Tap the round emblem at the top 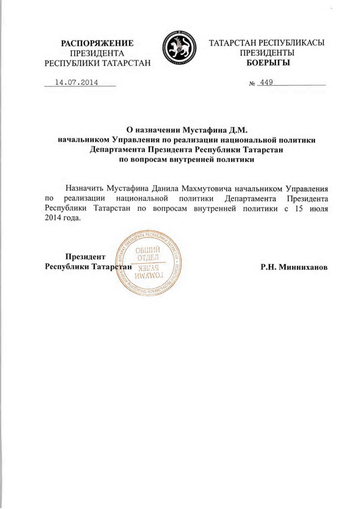coord(179,49)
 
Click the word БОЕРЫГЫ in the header coord(266,62)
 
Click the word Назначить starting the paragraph coord(87,188)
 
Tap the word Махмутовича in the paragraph coord(224,188)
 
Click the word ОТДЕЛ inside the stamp coord(147,260)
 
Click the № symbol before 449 coord(251,84)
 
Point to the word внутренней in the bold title coord(192,160)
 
